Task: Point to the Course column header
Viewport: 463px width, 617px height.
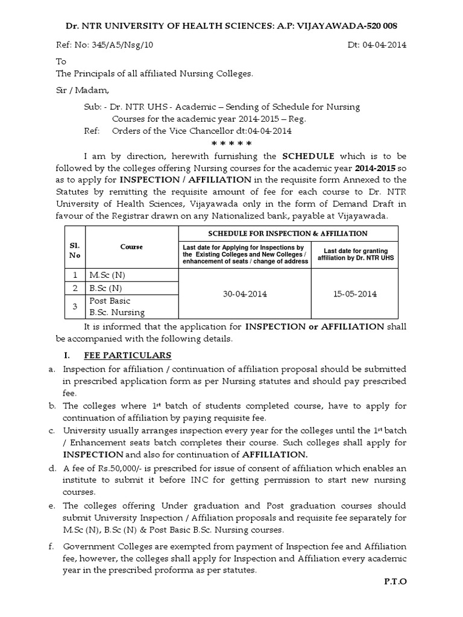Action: click(x=131, y=246)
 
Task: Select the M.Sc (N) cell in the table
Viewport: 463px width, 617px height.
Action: click(x=107, y=275)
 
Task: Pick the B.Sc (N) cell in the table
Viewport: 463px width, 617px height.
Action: click(x=106, y=288)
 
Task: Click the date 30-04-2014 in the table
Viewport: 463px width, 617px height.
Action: click(x=245, y=294)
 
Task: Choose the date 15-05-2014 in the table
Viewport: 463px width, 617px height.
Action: click(x=354, y=294)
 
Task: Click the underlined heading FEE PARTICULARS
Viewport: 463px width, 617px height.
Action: click(x=134, y=355)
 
